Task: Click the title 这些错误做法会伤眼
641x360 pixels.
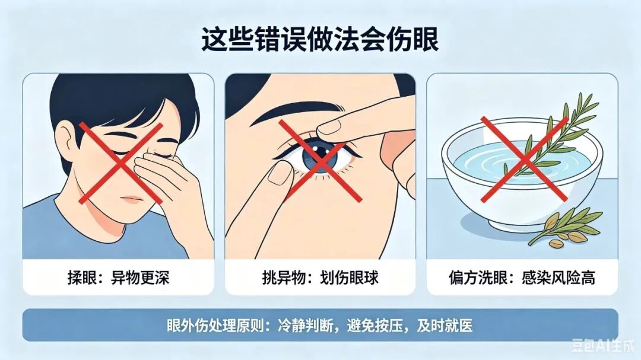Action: pos(320,40)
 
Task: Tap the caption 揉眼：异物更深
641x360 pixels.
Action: pos(119,278)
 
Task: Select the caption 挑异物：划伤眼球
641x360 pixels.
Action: pos(320,278)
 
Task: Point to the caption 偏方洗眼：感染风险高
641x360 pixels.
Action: pos(522,278)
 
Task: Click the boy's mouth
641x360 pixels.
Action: pos(134,199)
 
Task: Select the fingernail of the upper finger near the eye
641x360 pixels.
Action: pos(329,126)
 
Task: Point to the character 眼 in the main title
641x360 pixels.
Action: pos(426,40)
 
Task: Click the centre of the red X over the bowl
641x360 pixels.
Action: pos(525,159)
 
